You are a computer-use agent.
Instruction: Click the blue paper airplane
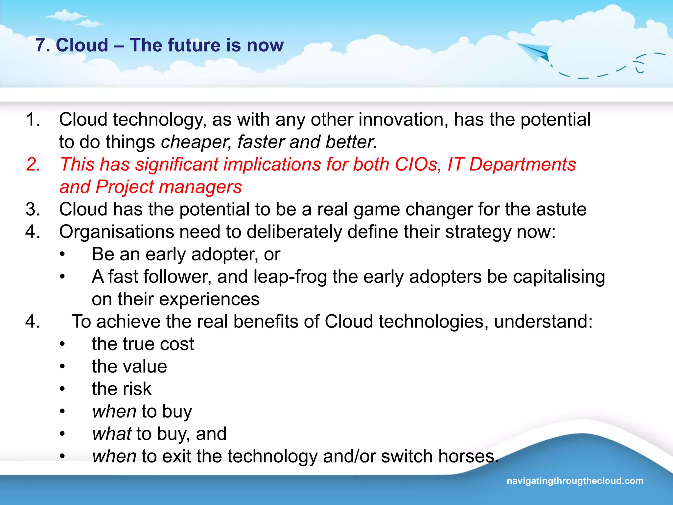click(x=534, y=52)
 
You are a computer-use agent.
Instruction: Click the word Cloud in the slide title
click(x=82, y=45)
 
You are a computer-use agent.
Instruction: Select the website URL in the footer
click(x=575, y=481)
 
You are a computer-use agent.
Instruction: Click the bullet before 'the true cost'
click(x=62, y=344)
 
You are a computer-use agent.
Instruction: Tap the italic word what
click(x=112, y=434)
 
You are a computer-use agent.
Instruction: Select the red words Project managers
click(x=169, y=187)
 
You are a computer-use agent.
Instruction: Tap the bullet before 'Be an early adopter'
click(x=62, y=254)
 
